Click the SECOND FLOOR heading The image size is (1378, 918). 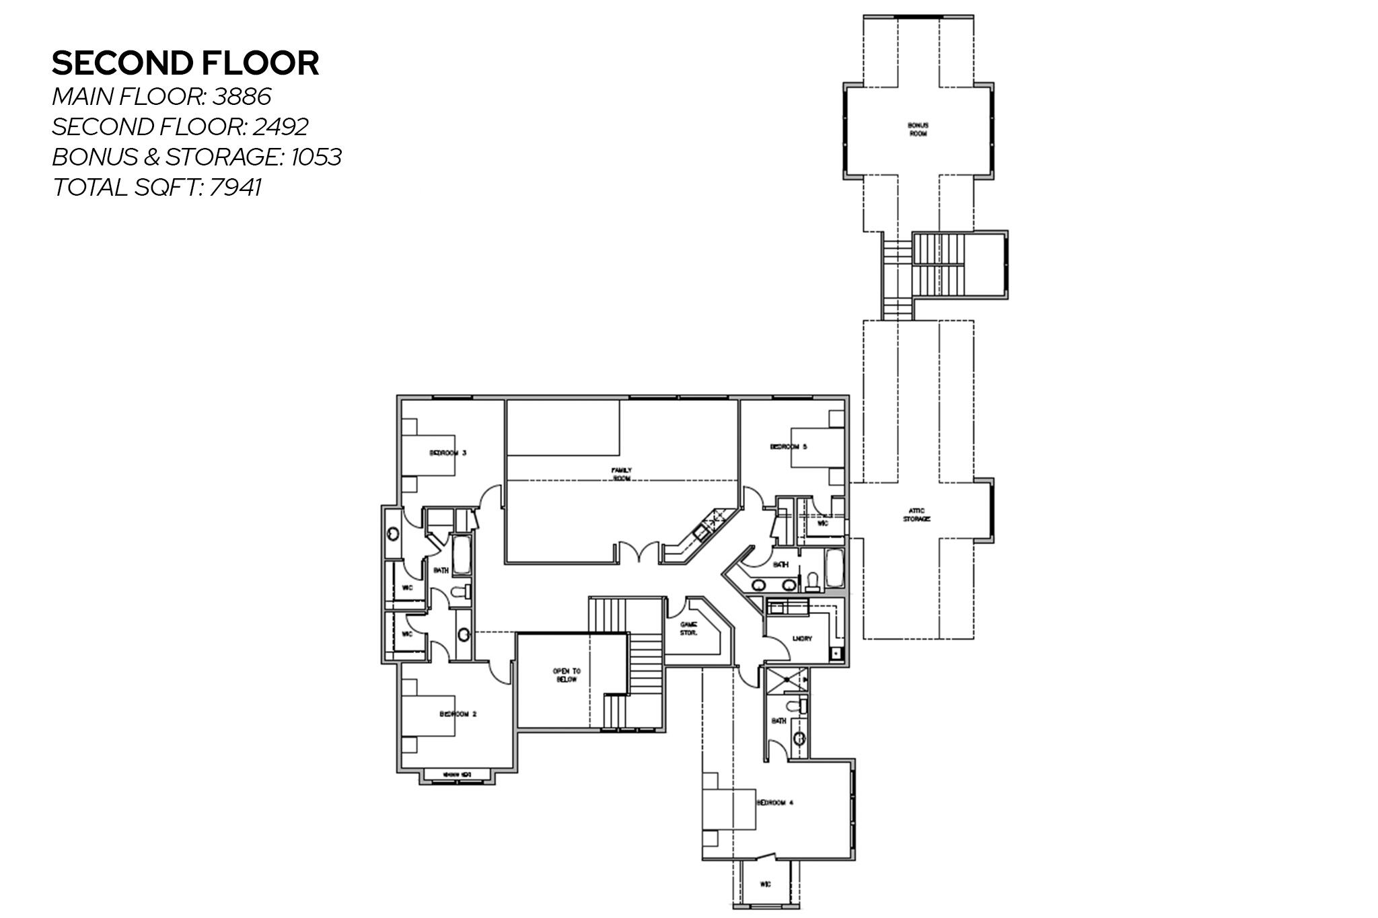pyautogui.click(x=185, y=63)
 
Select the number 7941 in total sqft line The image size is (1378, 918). pyautogui.click(x=235, y=187)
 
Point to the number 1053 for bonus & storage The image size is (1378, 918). pyautogui.click(x=316, y=157)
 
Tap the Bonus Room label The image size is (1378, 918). pyautogui.click(x=918, y=129)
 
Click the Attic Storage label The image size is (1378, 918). pyautogui.click(x=916, y=515)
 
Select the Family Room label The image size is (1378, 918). pyautogui.click(x=621, y=473)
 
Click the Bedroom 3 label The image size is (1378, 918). pyautogui.click(x=448, y=453)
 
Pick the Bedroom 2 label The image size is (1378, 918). pyautogui.click(x=458, y=714)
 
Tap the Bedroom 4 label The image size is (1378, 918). pyautogui.click(x=775, y=802)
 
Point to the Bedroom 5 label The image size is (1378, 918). pyautogui.click(x=789, y=447)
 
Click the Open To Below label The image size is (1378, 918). pyautogui.click(x=567, y=675)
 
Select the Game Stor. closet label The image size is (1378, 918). pyautogui.click(x=688, y=628)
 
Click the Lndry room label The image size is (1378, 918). pyautogui.click(x=802, y=638)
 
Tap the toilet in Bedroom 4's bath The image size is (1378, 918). pyautogui.click(x=798, y=706)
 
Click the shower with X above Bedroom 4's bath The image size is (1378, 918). pyautogui.click(x=785, y=680)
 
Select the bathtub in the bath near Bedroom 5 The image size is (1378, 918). pyautogui.click(x=834, y=569)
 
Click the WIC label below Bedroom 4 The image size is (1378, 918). pyautogui.click(x=766, y=884)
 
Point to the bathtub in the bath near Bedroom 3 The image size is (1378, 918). pyautogui.click(x=462, y=556)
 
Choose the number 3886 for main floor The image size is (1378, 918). pyautogui.click(x=242, y=97)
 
